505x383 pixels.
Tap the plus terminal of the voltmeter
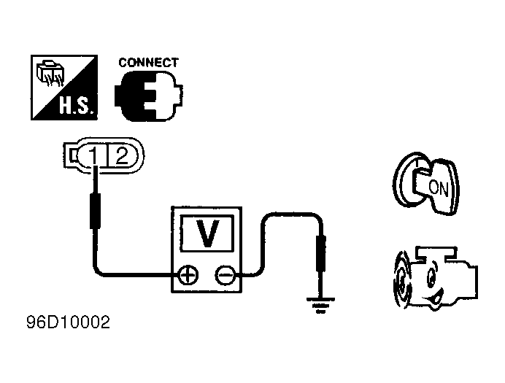188,275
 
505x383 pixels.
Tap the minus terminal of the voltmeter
225,275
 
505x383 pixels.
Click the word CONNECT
148,63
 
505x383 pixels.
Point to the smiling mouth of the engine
436,297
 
